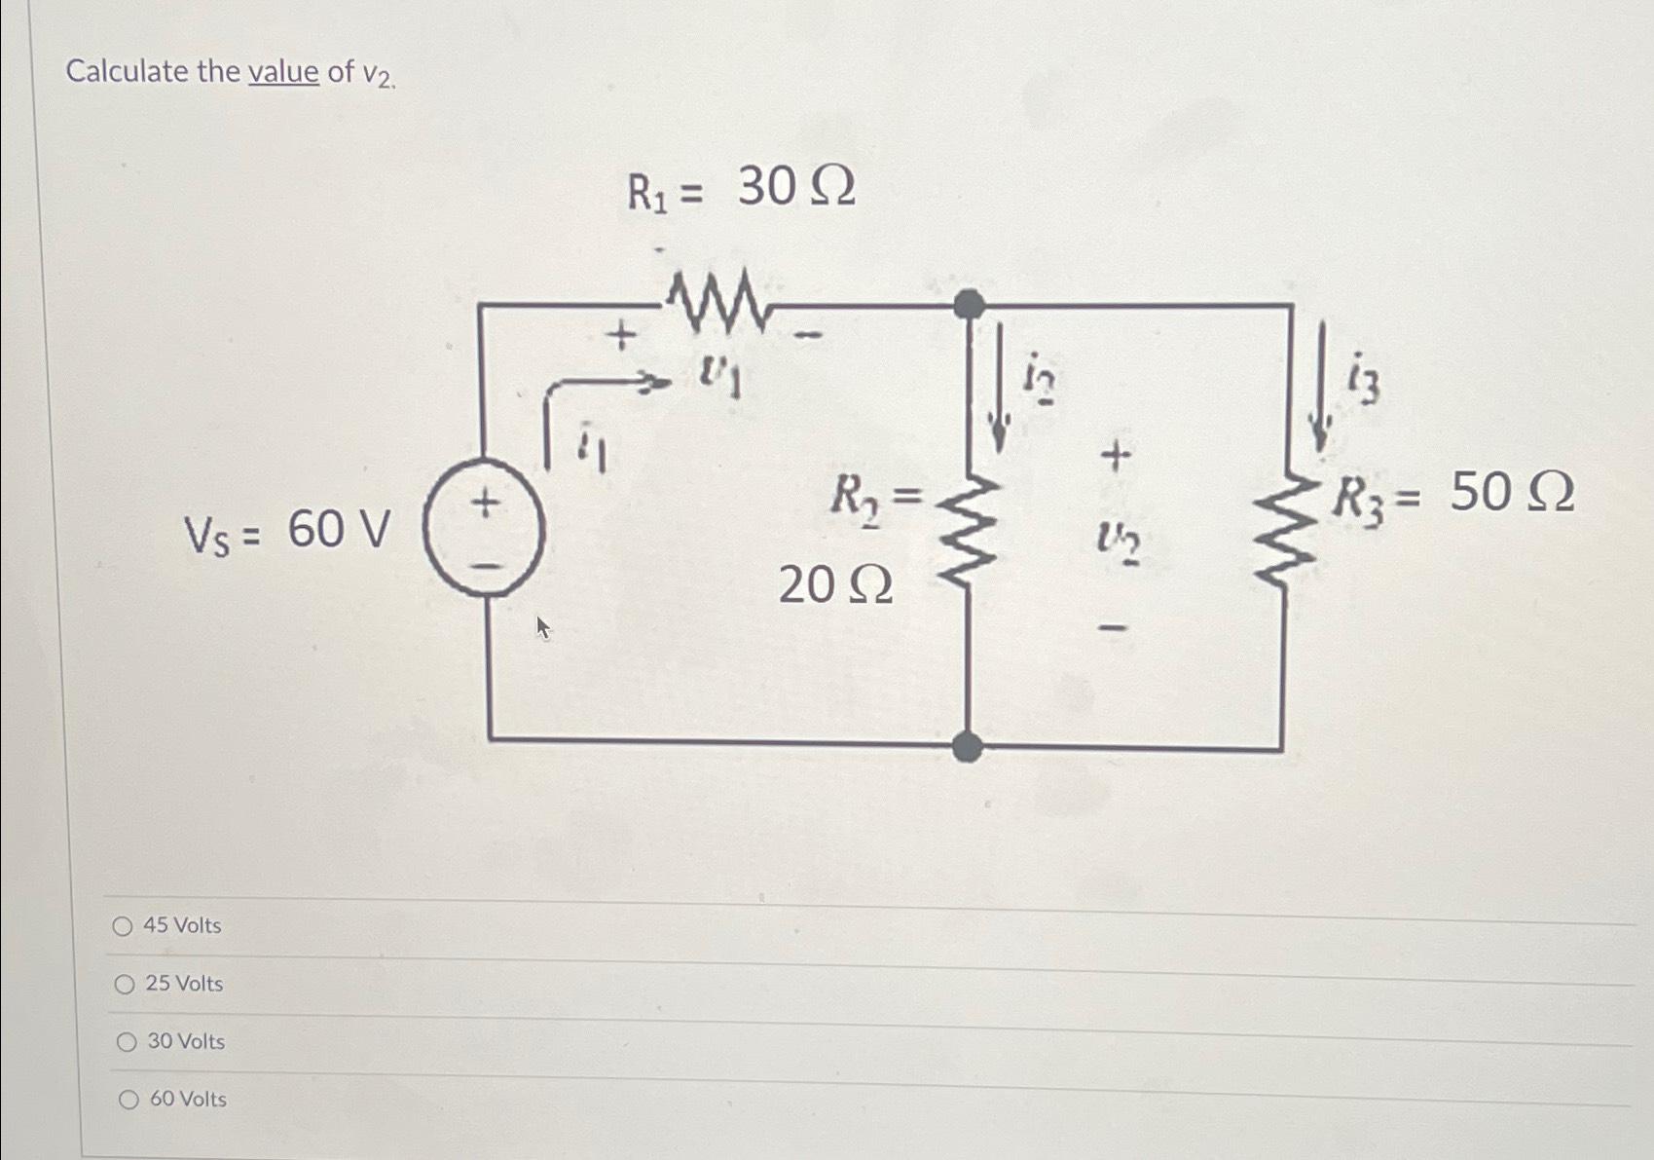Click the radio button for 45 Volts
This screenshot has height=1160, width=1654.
pos(123,926)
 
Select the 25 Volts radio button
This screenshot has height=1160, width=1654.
pos(125,985)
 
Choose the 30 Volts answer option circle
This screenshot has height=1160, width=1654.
pos(127,1042)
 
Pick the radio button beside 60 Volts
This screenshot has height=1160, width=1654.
pos(129,1100)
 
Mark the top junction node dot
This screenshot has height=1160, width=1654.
pos(968,305)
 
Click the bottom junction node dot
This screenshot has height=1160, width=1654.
pos(967,747)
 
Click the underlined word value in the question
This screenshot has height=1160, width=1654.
pos(283,72)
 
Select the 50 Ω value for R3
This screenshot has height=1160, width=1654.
pos(1511,492)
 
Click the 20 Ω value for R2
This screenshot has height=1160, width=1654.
pos(835,585)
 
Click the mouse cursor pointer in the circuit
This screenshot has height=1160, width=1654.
pos(543,627)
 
